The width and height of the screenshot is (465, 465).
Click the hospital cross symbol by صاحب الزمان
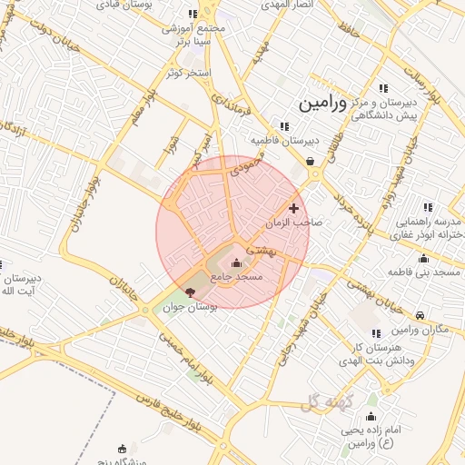pos(293,208)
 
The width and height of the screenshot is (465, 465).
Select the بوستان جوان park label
pos(188,307)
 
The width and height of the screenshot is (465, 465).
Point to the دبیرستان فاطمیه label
pos(284,141)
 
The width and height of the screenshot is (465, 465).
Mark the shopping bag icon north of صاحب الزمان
pos(311,161)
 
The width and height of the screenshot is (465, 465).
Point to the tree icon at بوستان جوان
pos(189,292)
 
